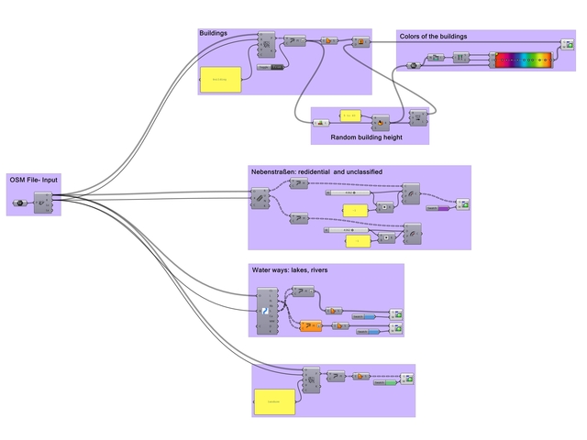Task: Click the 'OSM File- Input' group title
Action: pos(34,180)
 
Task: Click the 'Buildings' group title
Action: pos(214,33)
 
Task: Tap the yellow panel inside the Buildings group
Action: pos(220,80)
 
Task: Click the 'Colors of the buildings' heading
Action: pos(433,37)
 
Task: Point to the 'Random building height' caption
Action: pos(369,137)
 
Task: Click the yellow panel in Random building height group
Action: pos(352,116)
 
